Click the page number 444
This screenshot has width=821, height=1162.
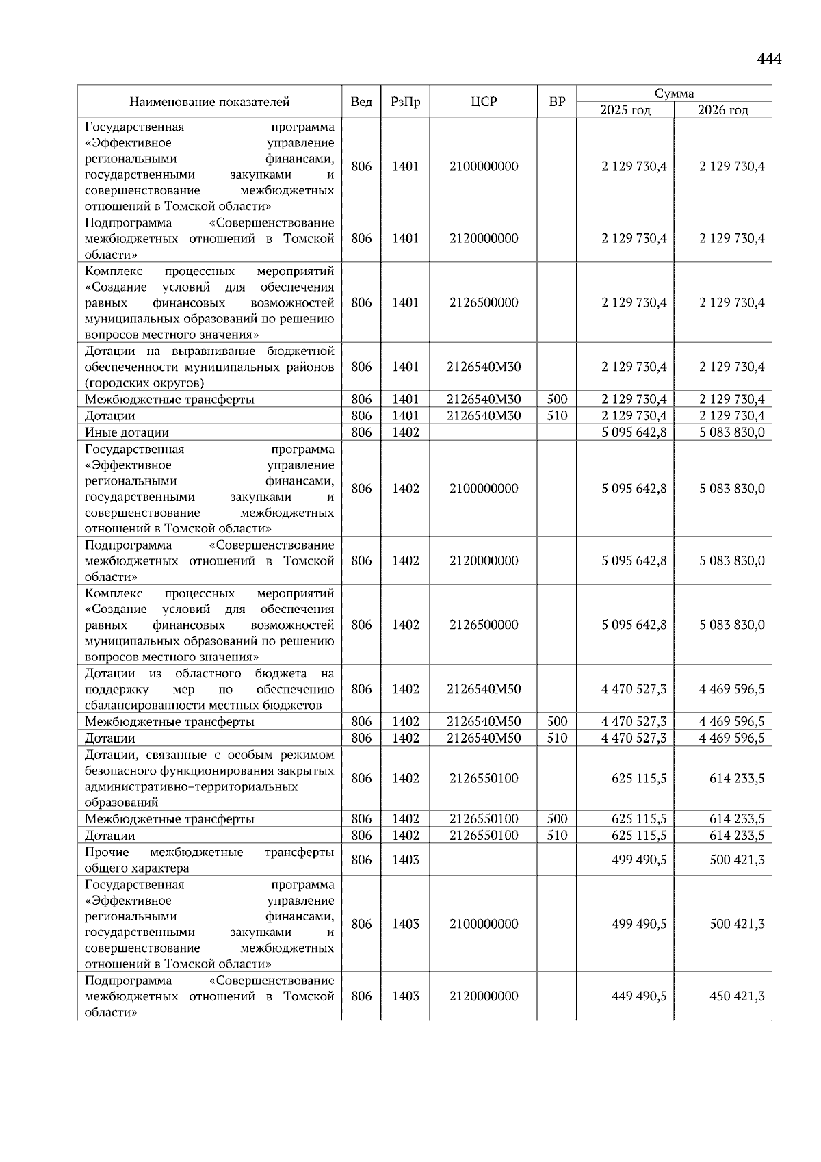(769, 59)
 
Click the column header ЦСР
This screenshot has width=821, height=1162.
(484, 102)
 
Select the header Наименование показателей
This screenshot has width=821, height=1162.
(209, 102)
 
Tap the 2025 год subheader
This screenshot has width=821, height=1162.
(625, 110)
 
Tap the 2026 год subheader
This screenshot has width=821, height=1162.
(723, 110)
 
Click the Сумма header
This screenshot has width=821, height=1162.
(674, 94)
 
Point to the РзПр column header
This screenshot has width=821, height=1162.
(405, 102)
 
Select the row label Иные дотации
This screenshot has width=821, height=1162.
(127, 432)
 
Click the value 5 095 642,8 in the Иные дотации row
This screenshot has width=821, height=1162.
(634, 432)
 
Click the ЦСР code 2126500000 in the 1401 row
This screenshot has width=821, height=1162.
(484, 302)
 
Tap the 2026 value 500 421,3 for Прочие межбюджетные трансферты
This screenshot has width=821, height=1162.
(737, 860)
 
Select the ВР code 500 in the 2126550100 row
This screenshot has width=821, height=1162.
(557, 819)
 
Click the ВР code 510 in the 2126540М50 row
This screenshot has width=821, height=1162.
(557, 738)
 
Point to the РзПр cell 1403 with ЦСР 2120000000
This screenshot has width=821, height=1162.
(405, 996)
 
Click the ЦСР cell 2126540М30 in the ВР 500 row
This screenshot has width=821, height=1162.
(484, 400)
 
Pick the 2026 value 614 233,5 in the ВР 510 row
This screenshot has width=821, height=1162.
(737, 836)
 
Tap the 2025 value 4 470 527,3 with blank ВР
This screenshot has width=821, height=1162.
(634, 689)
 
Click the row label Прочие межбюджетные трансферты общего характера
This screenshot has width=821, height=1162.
(209, 860)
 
